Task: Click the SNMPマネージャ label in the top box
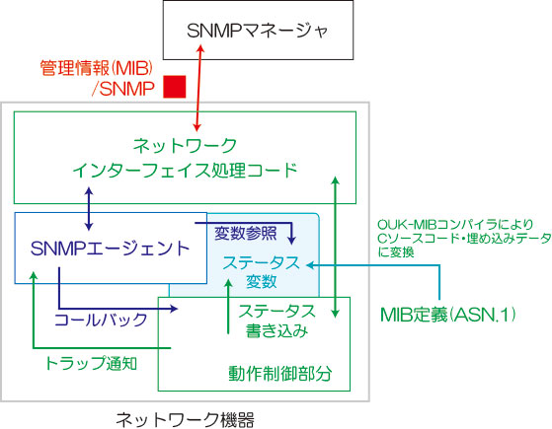pyautogui.click(x=258, y=31)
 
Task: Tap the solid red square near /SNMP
pyautogui.click(x=174, y=87)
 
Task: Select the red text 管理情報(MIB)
pyautogui.click(x=96, y=68)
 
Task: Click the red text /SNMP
pyautogui.click(x=122, y=88)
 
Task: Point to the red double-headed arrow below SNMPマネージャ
pyautogui.click(x=198, y=88)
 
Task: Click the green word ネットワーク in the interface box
pyautogui.click(x=185, y=146)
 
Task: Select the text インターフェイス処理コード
pyautogui.click(x=185, y=171)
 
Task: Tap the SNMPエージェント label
pyautogui.click(x=111, y=249)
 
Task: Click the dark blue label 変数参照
pyautogui.click(x=245, y=234)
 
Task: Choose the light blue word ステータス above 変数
pyautogui.click(x=261, y=262)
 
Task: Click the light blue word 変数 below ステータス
pyautogui.click(x=261, y=282)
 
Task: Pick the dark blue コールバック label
pyautogui.click(x=101, y=320)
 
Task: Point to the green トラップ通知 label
pyautogui.click(x=91, y=363)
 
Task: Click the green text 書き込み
pyautogui.click(x=276, y=331)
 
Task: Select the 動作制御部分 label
pyautogui.click(x=279, y=374)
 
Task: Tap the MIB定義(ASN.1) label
pyautogui.click(x=448, y=315)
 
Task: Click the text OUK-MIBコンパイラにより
pyautogui.click(x=455, y=224)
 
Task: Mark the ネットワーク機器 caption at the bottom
pyautogui.click(x=185, y=419)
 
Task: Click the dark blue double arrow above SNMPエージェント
pyautogui.click(x=89, y=209)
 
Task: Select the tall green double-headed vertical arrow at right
pyautogui.click(x=336, y=248)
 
